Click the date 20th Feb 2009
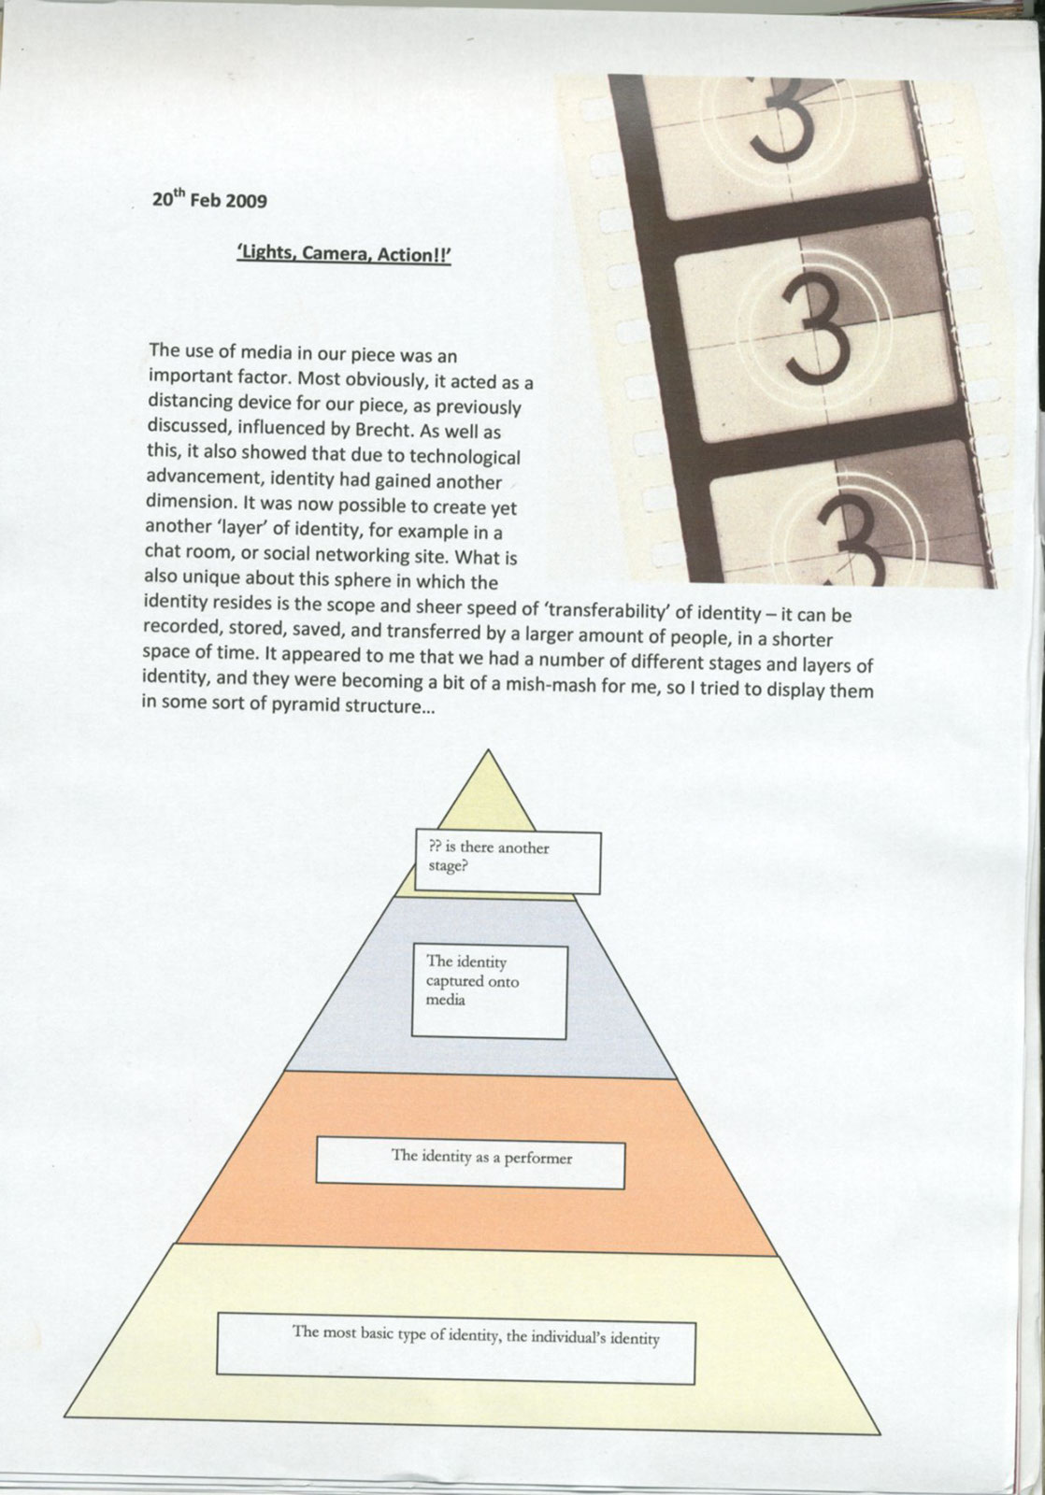[209, 200]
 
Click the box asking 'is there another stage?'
[507, 861]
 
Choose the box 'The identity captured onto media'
[489, 991]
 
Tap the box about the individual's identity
[455, 1346]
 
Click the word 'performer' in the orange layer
[538, 1159]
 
